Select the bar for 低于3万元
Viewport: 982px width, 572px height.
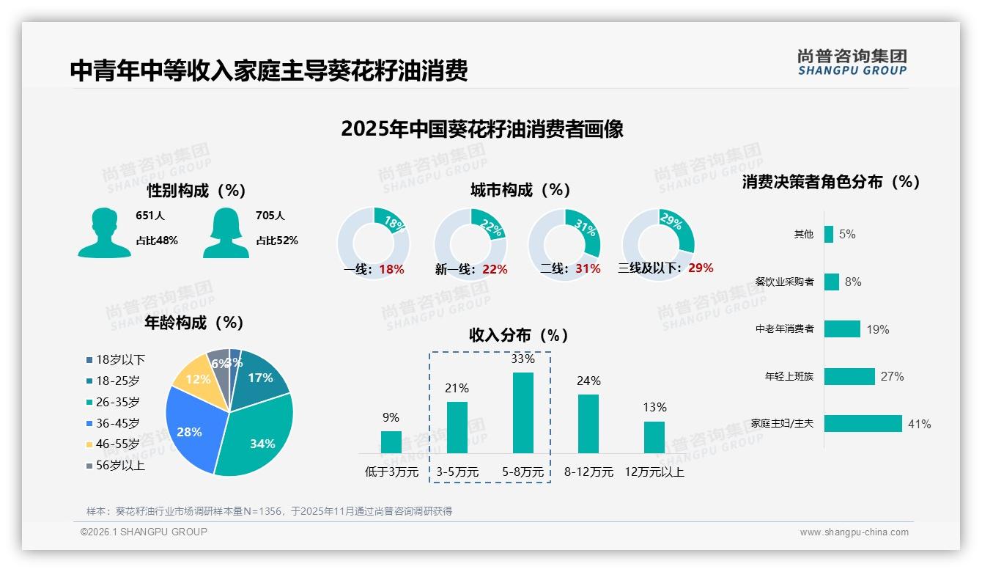point(391,442)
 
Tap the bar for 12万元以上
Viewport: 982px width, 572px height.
point(654,437)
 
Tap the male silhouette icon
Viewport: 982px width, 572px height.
point(104,233)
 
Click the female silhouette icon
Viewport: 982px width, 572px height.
point(226,233)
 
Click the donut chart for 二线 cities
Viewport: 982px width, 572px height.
point(564,244)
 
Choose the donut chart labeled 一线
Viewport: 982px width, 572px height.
point(373,244)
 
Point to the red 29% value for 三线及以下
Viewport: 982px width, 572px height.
point(701,268)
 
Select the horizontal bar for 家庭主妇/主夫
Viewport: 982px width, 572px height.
point(863,424)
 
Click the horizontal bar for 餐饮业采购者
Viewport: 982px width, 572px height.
point(831,282)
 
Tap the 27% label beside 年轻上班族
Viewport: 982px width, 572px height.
point(892,376)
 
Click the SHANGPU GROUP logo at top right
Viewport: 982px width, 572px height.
point(852,62)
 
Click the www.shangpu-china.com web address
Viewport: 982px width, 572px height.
point(854,532)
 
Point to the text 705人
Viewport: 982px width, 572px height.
point(270,216)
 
